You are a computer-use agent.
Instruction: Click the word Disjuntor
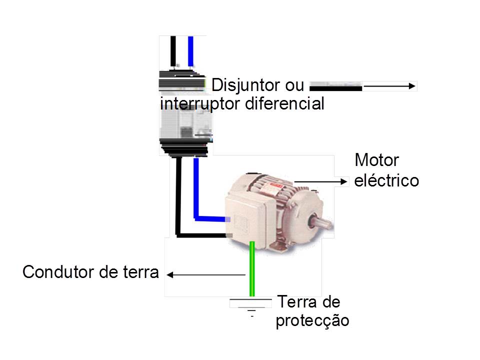point(245,85)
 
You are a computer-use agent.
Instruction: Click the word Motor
point(376,160)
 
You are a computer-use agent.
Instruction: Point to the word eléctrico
point(386,180)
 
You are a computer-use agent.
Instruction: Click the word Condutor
point(55,272)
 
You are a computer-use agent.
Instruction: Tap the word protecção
point(312,320)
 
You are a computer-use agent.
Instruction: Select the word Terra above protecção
point(295,302)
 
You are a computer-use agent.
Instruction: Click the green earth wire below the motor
point(252,270)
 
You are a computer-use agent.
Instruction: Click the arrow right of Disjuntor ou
point(390,86)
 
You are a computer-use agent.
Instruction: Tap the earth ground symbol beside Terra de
point(251,306)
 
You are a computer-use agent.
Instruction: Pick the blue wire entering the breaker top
point(190,50)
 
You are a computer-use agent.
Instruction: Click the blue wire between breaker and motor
point(196,190)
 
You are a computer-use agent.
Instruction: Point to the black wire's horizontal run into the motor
point(200,234)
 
